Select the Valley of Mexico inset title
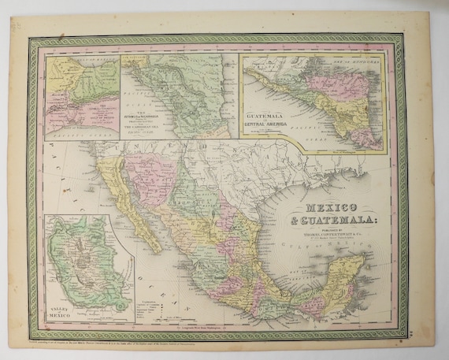61,308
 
